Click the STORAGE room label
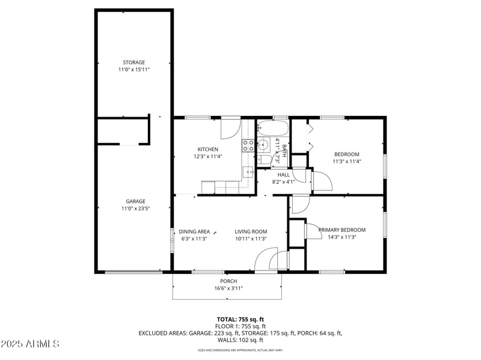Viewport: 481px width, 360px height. [x=133, y=62]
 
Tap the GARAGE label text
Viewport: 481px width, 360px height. [x=135, y=201]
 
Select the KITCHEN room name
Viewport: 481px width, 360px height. [x=208, y=149]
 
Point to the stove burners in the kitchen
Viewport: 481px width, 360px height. [x=247, y=144]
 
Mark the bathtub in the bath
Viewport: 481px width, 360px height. [x=272, y=129]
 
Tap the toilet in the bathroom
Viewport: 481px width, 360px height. [x=265, y=159]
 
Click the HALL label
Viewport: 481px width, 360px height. [x=283, y=174]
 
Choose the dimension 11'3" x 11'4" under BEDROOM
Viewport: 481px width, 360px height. [x=346, y=161]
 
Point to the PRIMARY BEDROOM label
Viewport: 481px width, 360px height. [x=342, y=230]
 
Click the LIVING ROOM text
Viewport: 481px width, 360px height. [x=251, y=231]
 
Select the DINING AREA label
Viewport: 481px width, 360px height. [x=194, y=231]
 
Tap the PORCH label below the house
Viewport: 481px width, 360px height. [x=228, y=281]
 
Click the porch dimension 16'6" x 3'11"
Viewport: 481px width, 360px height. [x=228, y=288]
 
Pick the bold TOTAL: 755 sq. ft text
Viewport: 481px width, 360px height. [x=240, y=319]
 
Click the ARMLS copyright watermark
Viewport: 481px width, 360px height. [x=30, y=344]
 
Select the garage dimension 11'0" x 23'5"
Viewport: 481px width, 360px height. [x=135, y=209]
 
